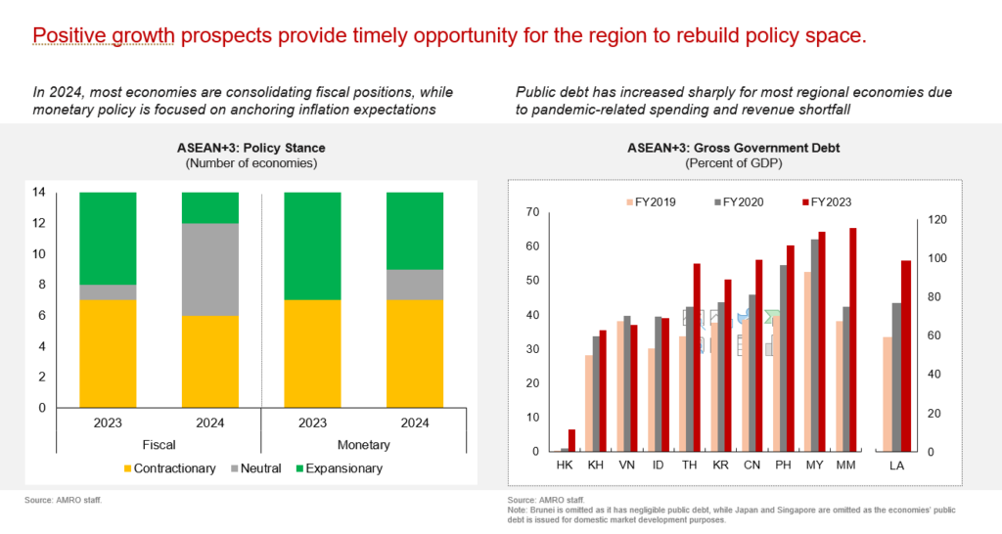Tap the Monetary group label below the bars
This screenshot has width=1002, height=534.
[x=363, y=445]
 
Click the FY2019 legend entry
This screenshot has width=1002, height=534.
[x=653, y=202]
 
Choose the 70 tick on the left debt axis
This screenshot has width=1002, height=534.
[x=533, y=212]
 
